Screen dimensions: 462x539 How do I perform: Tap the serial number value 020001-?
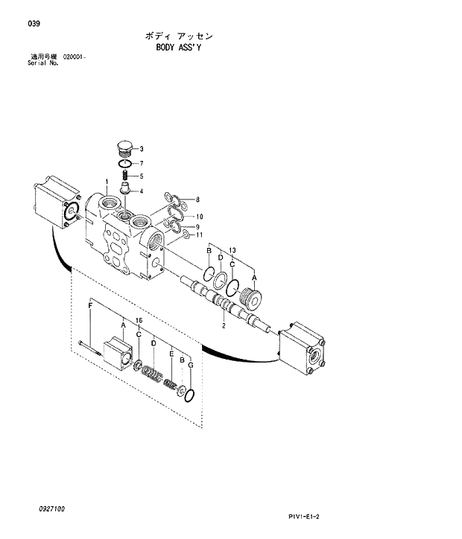(75, 57)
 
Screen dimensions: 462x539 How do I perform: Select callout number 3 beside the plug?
(142, 149)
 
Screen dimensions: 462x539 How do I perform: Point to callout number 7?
(142, 163)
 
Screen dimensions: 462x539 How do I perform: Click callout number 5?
(142, 176)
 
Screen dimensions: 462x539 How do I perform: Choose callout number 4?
(142, 191)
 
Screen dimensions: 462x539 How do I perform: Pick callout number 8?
(197, 200)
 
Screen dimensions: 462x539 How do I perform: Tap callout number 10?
(199, 217)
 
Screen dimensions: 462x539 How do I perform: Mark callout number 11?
(199, 236)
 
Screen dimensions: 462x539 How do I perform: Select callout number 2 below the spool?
(224, 325)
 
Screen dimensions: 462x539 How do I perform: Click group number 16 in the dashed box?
(139, 320)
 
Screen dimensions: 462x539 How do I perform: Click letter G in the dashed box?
(191, 366)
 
